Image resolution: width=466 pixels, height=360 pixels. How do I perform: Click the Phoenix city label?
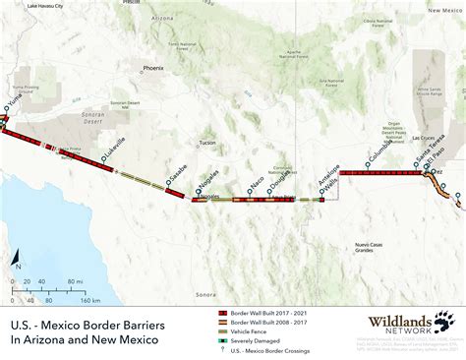tap(152, 69)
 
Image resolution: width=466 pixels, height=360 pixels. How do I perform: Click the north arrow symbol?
tap(17, 261)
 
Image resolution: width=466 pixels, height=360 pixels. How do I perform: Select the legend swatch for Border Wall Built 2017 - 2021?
tap(223, 311)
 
